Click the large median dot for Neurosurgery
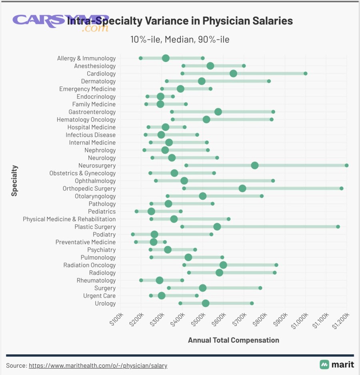[x=254, y=166]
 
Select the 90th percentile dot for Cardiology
[x=305, y=74]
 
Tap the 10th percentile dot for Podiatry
[x=133, y=235]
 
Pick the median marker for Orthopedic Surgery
[x=242, y=189]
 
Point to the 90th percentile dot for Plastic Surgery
[x=338, y=227]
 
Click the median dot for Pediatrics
[x=151, y=212]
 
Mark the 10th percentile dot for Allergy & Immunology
[x=140, y=58]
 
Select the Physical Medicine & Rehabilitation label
[x=69, y=219]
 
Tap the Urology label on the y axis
[x=105, y=304]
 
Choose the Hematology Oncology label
[x=86, y=120]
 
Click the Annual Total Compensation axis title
[x=233, y=340]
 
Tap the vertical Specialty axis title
[x=14, y=180]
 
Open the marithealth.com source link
[x=98, y=365]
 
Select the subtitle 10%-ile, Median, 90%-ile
[x=180, y=40]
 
